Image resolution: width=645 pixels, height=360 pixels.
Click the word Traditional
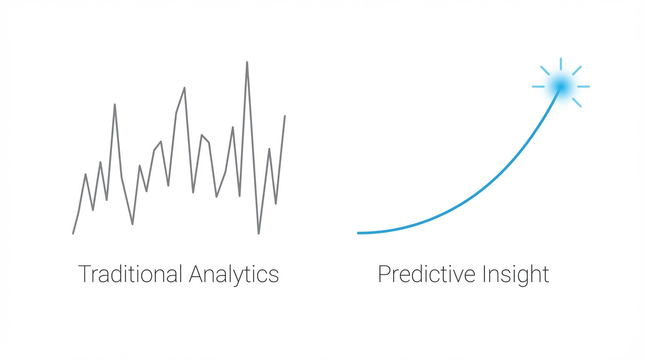coord(130,274)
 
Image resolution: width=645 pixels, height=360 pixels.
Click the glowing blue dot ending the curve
coord(561,86)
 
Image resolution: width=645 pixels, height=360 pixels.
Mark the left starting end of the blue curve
coord(359,233)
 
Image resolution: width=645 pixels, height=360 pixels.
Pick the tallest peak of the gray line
coord(247,62)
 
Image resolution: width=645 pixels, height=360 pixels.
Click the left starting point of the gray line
coord(73,233)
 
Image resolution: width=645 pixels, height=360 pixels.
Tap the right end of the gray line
coord(285,116)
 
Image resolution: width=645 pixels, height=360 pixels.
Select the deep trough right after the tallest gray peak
coord(259,233)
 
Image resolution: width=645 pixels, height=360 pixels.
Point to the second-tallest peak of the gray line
coord(185,88)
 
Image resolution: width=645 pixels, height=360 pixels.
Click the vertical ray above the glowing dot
coord(561,64)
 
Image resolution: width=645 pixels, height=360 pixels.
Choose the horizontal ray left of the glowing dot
coord(538,87)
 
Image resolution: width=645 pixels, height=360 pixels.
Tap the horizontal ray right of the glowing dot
coord(583,87)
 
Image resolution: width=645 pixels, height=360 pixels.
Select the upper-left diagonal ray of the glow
coord(545,70)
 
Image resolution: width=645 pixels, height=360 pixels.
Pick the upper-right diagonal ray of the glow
coord(577,70)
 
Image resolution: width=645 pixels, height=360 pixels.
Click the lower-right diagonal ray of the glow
coord(577,103)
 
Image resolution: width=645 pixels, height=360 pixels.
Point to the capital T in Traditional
coord(84,274)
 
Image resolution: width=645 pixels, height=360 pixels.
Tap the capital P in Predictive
coord(383,274)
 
